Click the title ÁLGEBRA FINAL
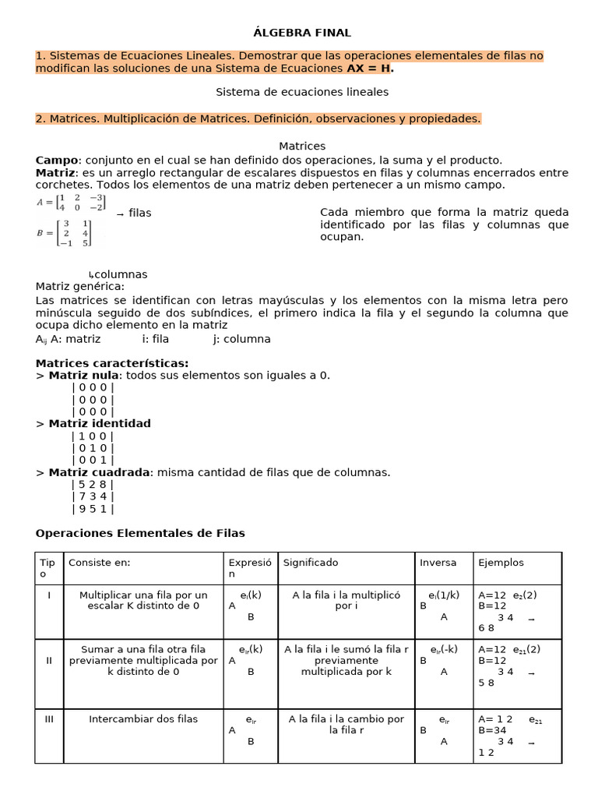(302, 33)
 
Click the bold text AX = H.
(370, 69)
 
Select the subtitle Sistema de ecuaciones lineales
(302, 92)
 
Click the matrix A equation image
(71, 203)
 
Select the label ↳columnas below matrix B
(118, 274)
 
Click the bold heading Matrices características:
(112, 363)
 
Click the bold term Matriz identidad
(99, 424)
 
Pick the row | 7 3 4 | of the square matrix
(93, 496)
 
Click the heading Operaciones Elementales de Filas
(140, 534)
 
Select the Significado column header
(311, 563)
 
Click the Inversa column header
(438, 563)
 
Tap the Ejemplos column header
(501, 563)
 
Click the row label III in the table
(48, 719)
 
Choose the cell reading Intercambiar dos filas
(143, 719)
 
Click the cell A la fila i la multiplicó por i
(346, 600)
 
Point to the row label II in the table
(48, 660)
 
